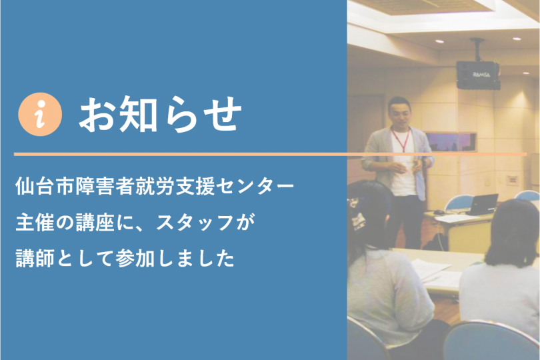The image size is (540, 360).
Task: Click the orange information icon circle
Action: coord(40,114)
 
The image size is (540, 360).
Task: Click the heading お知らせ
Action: coord(160,114)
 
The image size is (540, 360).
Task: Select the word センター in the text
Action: coord(255,186)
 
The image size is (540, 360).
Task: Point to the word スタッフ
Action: coord(195,222)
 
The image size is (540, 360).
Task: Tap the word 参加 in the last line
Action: coord(135,259)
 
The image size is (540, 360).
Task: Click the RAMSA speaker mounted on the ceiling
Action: coord(479,75)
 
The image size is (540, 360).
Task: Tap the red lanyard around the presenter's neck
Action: coord(401,139)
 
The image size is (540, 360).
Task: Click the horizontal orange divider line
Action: coord(271,154)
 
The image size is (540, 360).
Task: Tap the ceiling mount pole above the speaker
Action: coord(477,49)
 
